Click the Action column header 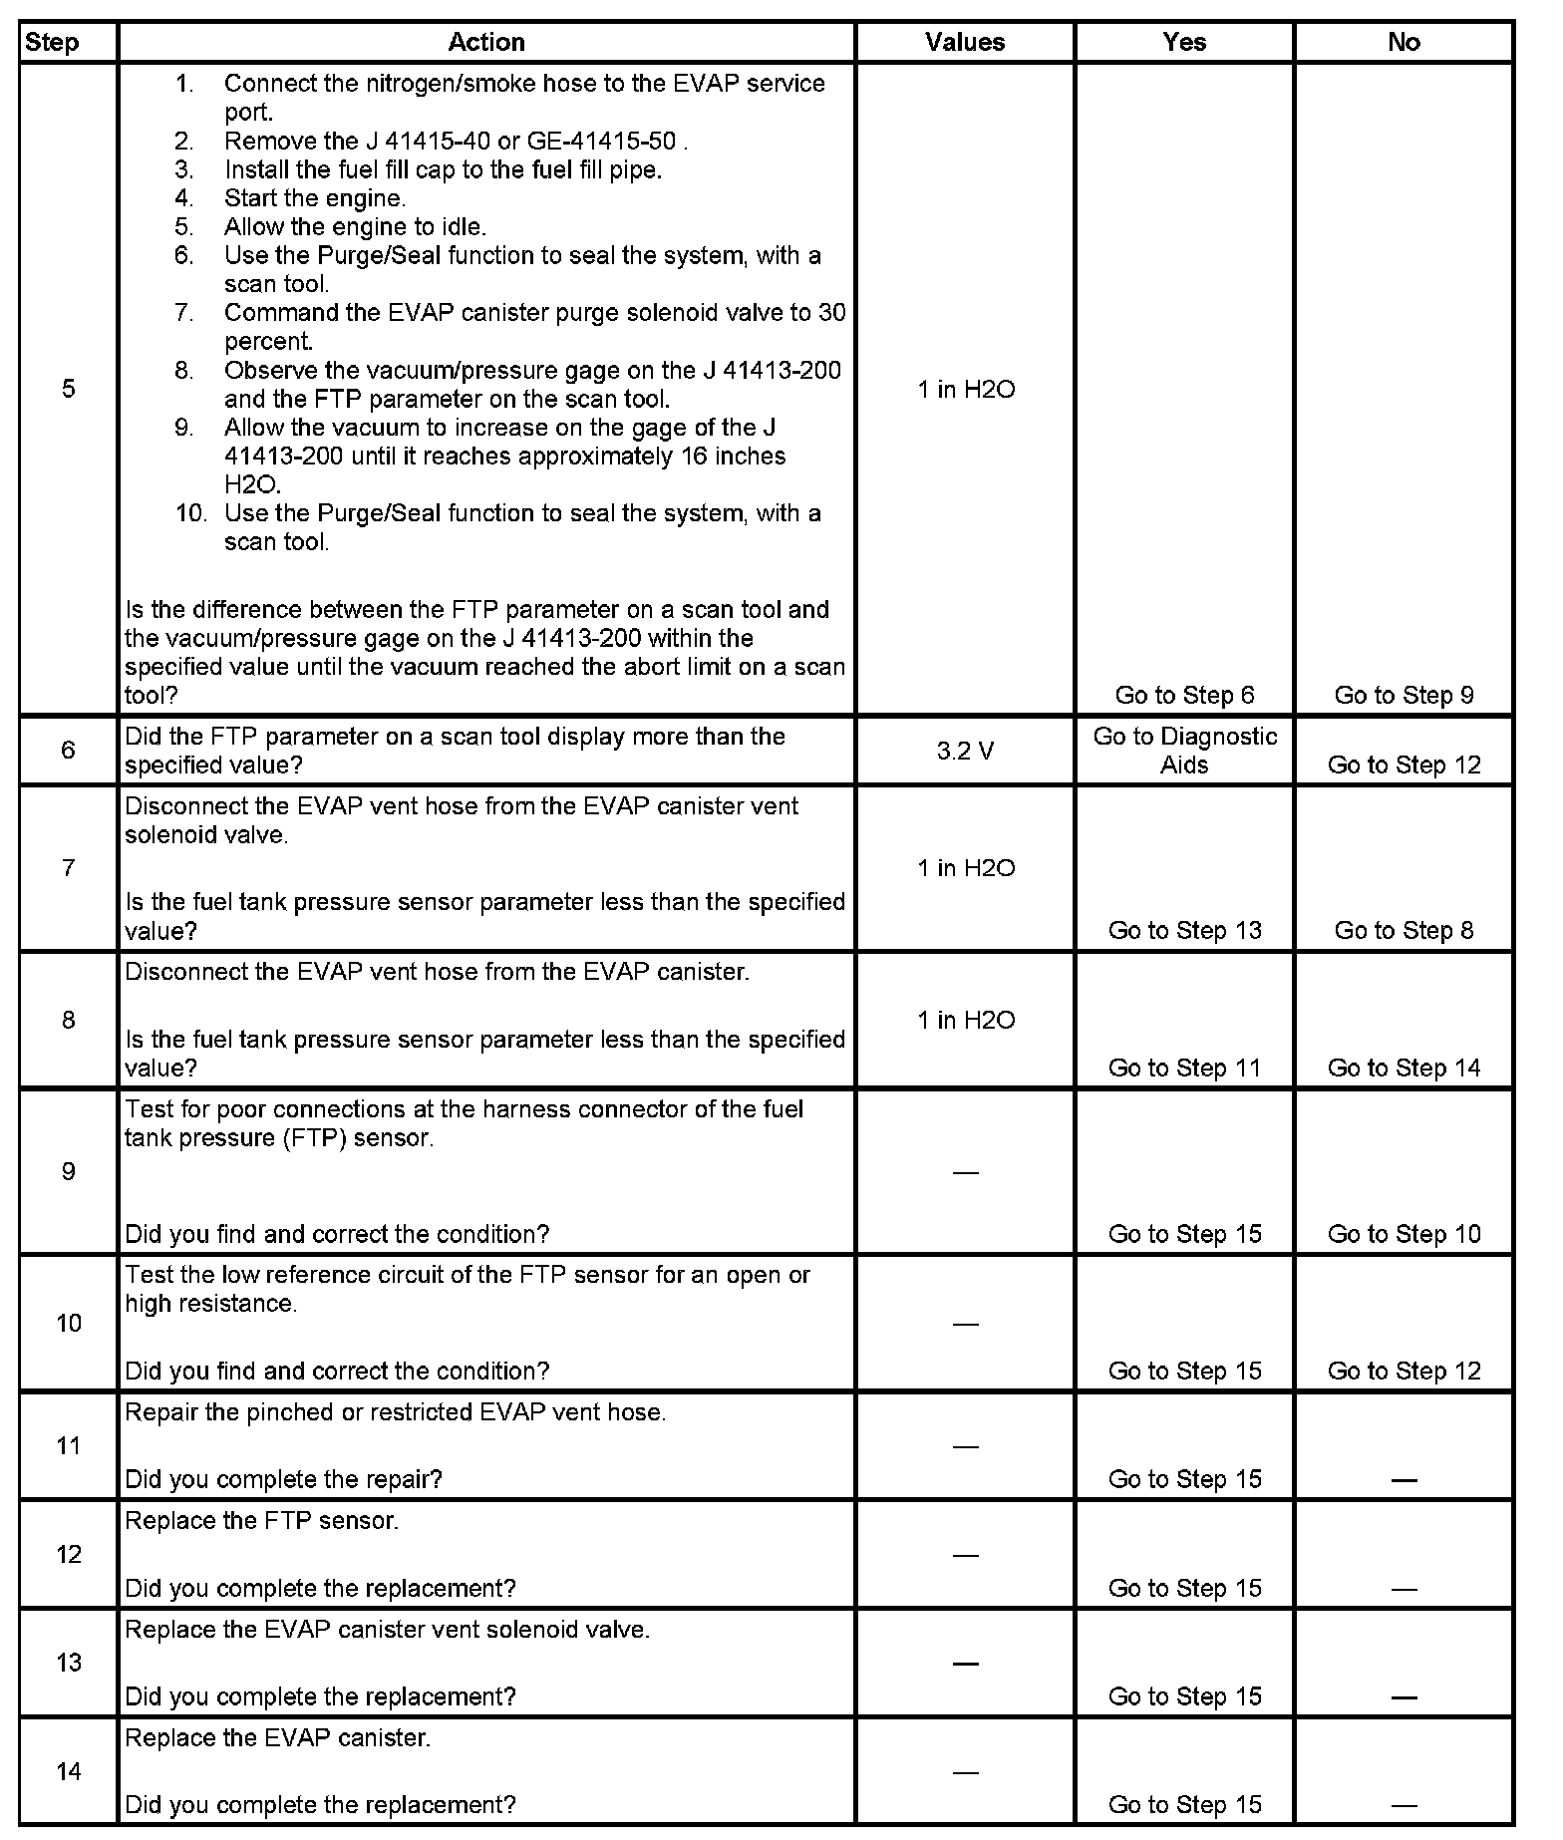click(485, 42)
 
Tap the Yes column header click(1184, 42)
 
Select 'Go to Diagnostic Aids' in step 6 click(1184, 751)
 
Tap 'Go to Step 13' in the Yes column click(1184, 930)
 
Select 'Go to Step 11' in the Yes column click(1184, 1068)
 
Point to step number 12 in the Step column click(68, 1554)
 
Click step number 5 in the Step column click(68, 389)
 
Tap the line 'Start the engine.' click(315, 198)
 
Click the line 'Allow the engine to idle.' click(355, 227)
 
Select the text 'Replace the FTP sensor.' click(261, 1521)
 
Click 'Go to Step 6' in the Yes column click(1184, 695)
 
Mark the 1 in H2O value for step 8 click(965, 1020)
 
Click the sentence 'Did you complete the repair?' click(283, 1479)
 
